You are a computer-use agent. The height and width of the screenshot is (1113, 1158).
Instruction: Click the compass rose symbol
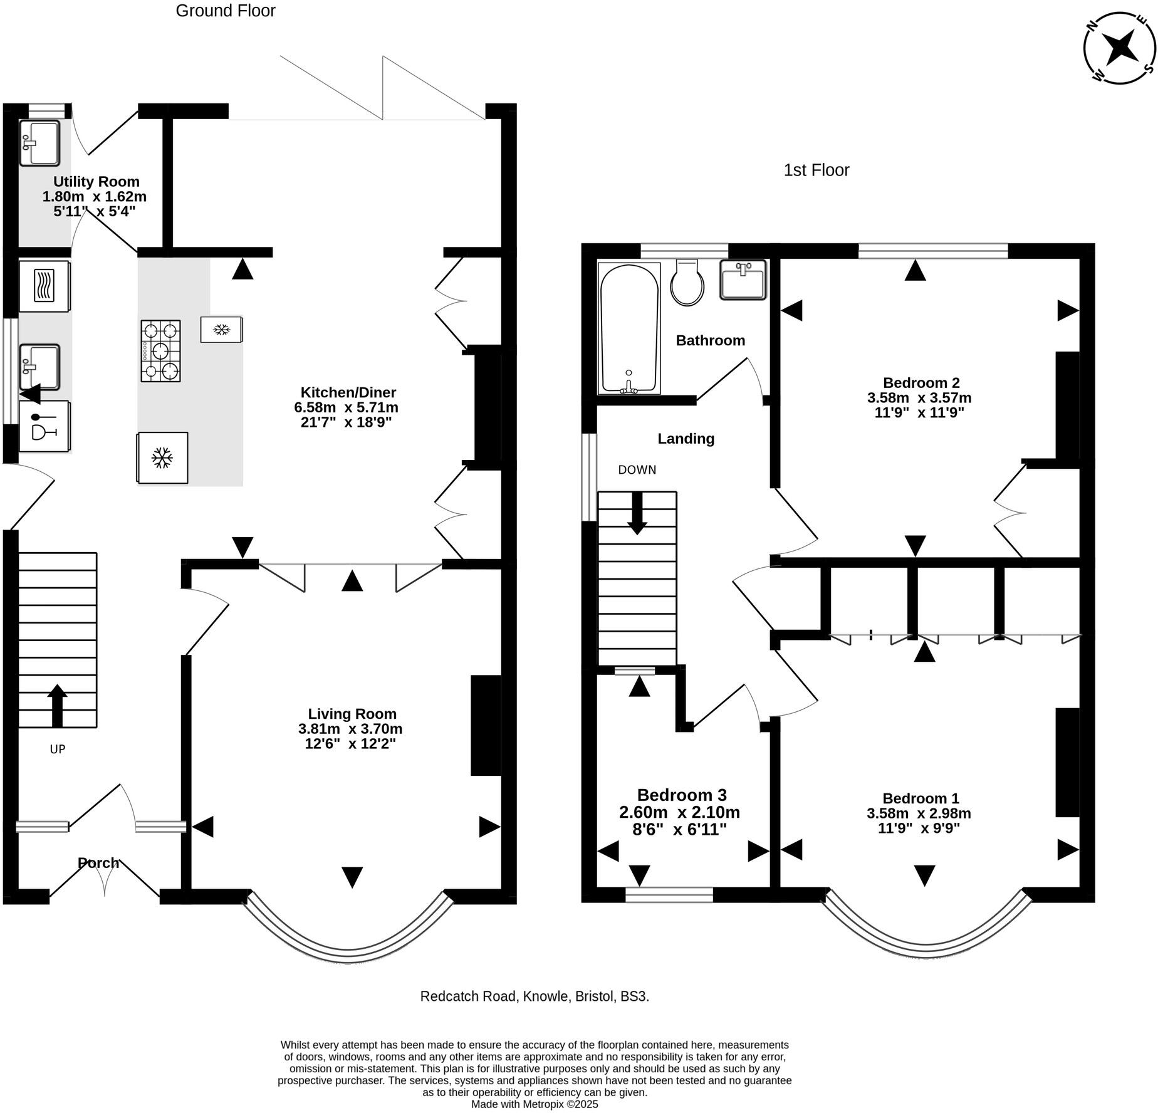point(1119,48)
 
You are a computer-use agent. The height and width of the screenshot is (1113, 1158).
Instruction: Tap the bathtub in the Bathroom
point(629,329)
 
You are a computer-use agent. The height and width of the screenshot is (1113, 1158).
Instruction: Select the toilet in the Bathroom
point(687,283)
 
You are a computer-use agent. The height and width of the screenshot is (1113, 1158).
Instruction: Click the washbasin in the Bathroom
point(743,280)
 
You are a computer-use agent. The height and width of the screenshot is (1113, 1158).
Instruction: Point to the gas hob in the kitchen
point(160,351)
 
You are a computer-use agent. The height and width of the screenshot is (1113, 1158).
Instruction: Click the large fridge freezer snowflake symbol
point(162,457)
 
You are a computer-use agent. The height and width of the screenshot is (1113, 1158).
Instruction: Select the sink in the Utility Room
point(39,144)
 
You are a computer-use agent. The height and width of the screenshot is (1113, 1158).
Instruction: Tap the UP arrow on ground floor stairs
point(57,705)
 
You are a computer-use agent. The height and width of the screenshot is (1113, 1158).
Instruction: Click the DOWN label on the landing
point(637,469)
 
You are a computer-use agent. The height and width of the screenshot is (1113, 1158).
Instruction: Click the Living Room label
point(352,713)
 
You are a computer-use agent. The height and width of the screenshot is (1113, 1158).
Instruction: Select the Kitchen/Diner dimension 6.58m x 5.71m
point(346,407)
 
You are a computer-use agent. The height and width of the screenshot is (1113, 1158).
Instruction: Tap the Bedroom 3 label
point(682,795)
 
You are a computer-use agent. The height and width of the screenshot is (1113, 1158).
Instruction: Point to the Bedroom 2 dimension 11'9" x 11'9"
point(919,412)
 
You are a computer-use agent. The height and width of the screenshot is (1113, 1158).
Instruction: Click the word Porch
point(98,863)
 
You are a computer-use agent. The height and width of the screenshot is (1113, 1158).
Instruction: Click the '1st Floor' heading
point(816,170)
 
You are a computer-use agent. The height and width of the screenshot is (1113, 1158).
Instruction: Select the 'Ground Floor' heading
point(226,11)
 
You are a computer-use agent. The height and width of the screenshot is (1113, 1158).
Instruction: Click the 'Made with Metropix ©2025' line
point(535,1104)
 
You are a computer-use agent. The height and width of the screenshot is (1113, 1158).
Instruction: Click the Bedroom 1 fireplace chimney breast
point(1067,762)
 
